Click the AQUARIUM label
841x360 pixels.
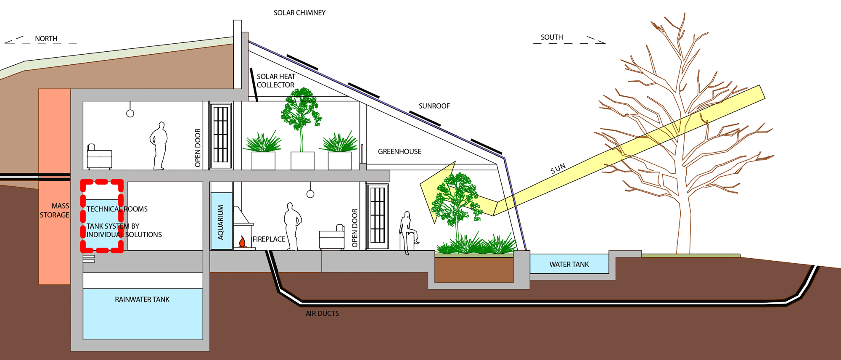click(x=220, y=222)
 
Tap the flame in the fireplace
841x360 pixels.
click(x=242, y=241)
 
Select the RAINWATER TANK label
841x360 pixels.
click(x=142, y=299)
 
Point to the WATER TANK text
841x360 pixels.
click(x=569, y=265)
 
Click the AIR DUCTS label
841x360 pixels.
click(x=322, y=314)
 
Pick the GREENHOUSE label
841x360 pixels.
click(x=399, y=151)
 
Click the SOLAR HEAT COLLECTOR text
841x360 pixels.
click(x=276, y=81)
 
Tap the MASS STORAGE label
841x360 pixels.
click(x=55, y=210)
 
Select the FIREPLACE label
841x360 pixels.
click(x=269, y=239)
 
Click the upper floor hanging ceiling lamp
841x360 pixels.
click(x=130, y=113)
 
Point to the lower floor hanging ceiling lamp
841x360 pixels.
click(x=310, y=193)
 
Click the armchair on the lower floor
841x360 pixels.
click(x=332, y=238)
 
